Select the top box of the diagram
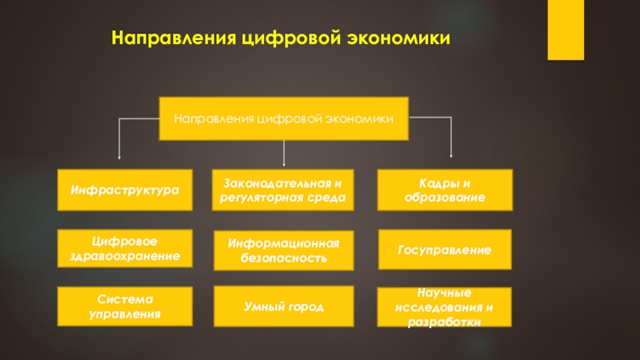tap(285, 118)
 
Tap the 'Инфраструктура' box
tap(126, 190)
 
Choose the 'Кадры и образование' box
tap(444, 190)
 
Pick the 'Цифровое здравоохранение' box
tap(126, 249)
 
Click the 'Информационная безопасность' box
tap(283, 251)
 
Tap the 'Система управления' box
tap(126, 306)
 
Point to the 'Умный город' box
tap(283, 306)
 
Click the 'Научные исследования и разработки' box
tap(444, 308)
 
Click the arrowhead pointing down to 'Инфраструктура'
tap(120, 156)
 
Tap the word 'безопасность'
tap(283, 259)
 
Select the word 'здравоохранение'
tap(126, 256)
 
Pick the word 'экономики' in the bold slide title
tap(399, 38)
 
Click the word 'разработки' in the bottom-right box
tap(444, 322)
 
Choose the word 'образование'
tap(444, 197)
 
